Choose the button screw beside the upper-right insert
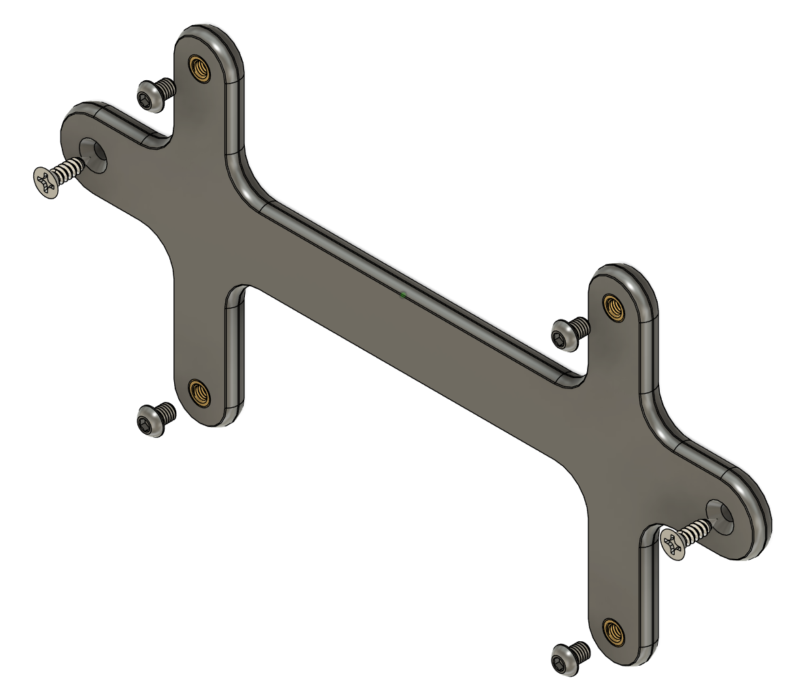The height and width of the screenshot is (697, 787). (570, 333)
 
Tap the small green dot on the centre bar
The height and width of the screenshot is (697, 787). (403, 295)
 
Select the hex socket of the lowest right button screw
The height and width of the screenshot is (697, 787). (561, 660)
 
